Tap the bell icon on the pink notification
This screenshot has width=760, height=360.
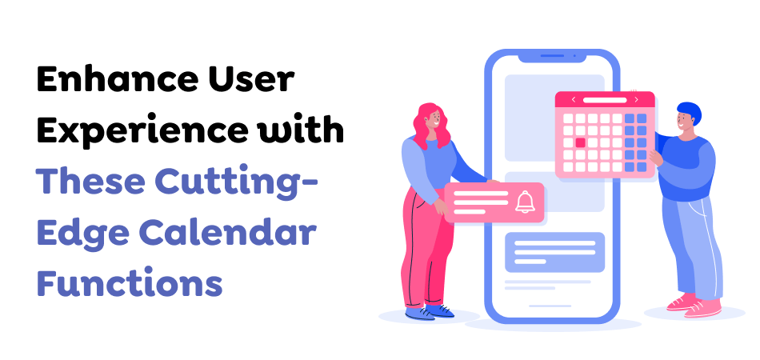click(525, 202)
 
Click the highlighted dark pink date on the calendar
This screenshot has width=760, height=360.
click(581, 142)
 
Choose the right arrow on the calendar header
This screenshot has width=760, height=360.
click(636, 100)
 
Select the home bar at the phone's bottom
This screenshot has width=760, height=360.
click(551, 306)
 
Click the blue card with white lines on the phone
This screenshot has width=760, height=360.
click(554, 252)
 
